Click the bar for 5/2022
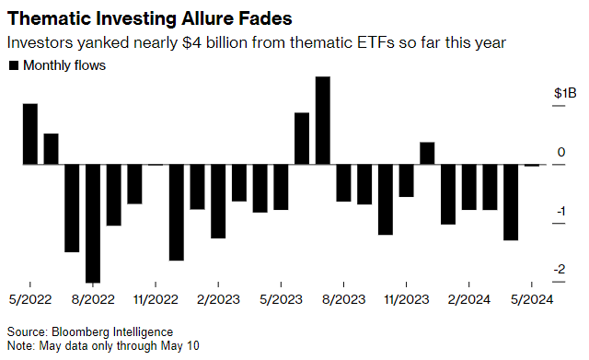click(x=29, y=134)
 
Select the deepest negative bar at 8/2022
click(x=92, y=224)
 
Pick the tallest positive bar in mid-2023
click(x=322, y=121)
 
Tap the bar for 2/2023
click(x=218, y=202)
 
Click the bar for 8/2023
click(x=343, y=183)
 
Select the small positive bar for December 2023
click(x=426, y=154)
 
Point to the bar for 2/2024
click(x=468, y=188)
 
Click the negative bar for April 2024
click(x=510, y=203)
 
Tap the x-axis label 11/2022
click(x=156, y=299)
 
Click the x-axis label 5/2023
click(x=280, y=299)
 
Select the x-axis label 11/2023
click(x=406, y=299)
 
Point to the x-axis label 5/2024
click(x=531, y=299)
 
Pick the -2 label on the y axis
click(x=560, y=270)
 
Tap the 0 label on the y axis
click(x=560, y=153)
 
